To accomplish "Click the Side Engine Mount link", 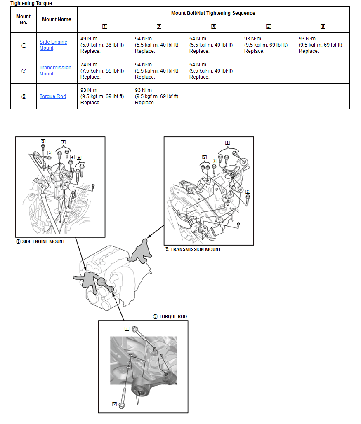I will pos(53,45).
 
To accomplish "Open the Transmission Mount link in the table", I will pos(55,70).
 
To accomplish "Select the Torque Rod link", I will pos(52,96).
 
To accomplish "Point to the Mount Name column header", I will pos(57,19).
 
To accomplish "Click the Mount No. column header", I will pos(24,19).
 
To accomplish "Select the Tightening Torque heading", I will pos(31,3).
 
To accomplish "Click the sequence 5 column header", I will pos(322,27).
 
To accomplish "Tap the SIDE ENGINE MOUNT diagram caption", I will pos(40,241).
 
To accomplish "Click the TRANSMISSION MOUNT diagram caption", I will pos(193,249).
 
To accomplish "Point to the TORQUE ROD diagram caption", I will pos(170,316).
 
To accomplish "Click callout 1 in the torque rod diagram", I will pos(127,329).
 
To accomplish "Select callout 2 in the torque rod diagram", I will pos(114,404).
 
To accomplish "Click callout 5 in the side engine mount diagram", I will pos(78,157).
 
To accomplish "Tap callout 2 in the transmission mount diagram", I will pos(204,157).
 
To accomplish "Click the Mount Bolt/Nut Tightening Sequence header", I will pos(213,13).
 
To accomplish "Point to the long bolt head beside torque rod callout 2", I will pos(122,405).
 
